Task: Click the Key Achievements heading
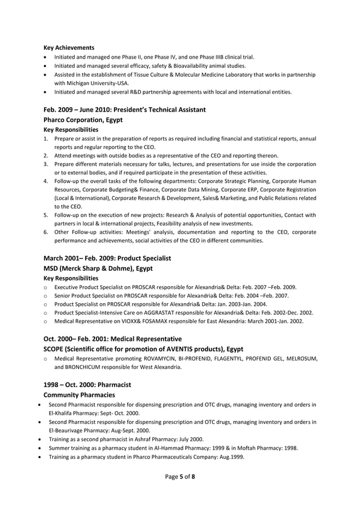click(x=69, y=47)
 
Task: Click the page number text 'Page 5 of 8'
click(x=179, y=477)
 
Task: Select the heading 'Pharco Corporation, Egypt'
click(x=83, y=120)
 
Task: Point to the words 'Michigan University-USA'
click(x=86, y=83)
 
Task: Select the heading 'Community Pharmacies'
click(x=79, y=394)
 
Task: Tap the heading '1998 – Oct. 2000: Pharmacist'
click(x=87, y=384)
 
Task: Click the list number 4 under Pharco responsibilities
click(x=45, y=181)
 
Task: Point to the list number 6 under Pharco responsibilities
click(x=45, y=232)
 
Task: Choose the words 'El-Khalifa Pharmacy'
click(x=74, y=413)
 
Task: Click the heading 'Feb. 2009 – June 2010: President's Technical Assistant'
click(x=124, y=109)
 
